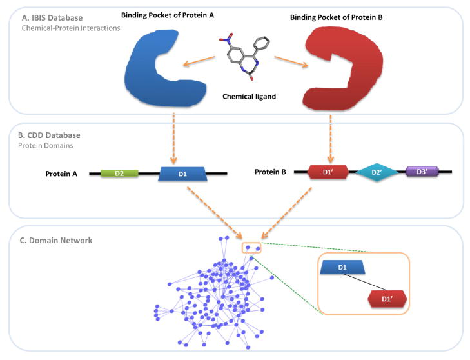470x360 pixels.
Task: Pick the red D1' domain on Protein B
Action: pyautogui.click(x=328, y=172)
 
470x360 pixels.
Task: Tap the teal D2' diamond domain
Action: pyautogui.click(x=375, y=172)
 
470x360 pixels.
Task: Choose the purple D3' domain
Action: pyautogui.click(x=422, y=172)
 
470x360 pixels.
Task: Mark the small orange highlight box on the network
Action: pyautogui.click(x=252, y=248)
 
